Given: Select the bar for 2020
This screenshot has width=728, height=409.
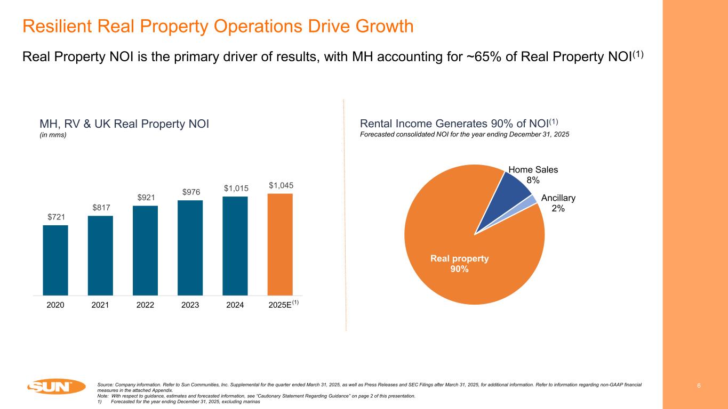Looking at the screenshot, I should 55,260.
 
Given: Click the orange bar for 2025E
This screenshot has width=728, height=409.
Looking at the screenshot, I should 280,244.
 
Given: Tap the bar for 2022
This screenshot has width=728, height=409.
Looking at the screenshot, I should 145,250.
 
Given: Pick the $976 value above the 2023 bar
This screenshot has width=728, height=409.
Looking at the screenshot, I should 190,192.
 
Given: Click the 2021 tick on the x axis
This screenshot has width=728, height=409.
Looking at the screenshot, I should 100,305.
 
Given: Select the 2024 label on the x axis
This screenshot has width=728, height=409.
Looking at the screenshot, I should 235,305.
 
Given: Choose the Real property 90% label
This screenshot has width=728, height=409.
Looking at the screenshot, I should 459,264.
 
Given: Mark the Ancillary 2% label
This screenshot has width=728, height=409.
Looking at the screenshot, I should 558,203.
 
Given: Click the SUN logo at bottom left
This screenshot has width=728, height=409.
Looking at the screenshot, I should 56,387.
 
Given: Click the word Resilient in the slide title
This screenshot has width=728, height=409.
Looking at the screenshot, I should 58,26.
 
